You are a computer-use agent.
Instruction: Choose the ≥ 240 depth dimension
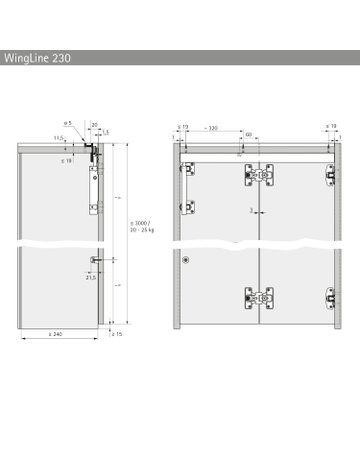tap(60, 334)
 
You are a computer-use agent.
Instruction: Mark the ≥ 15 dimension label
tap(117, 334)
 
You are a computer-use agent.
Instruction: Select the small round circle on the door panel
tap(187, 258)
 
